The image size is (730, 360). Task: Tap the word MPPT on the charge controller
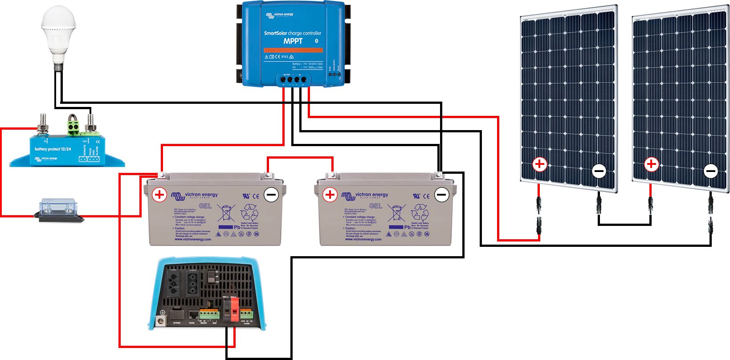point(293,41)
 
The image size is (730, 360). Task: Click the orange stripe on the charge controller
point(293,50)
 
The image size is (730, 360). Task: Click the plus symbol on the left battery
point(159,195)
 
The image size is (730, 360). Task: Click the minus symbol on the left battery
point(271,195)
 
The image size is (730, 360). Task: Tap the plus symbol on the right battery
point(330,195)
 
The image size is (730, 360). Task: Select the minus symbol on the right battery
point(441,195)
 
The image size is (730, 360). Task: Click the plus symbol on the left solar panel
point(540,164)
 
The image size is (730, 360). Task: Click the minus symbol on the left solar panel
point(599,171)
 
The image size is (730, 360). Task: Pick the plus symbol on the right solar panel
point(652,164)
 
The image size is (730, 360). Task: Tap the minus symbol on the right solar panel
point(711,171)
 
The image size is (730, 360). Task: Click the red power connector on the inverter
point(234,309)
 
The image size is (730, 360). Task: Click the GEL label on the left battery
point(205,206)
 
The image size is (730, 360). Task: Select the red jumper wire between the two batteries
point(300,158)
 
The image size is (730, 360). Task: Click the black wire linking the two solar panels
point(624,224)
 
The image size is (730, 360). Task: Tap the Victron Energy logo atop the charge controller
point(280,15)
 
